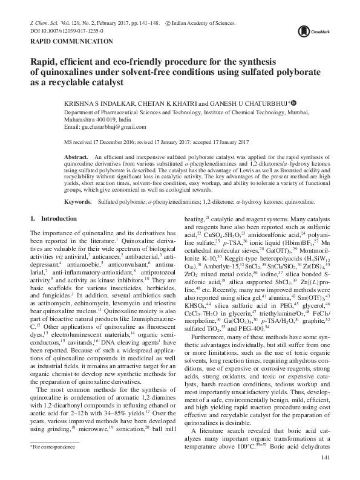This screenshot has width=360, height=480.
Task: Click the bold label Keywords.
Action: point(78,199)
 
